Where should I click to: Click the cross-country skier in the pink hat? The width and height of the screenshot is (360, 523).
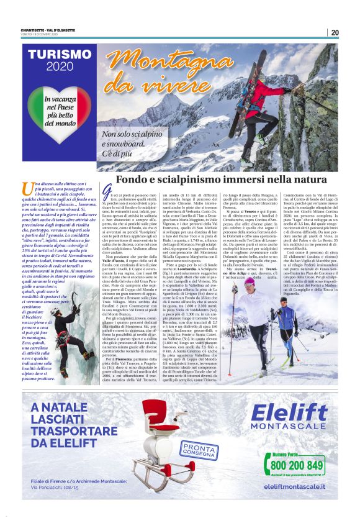coord(254,314)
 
